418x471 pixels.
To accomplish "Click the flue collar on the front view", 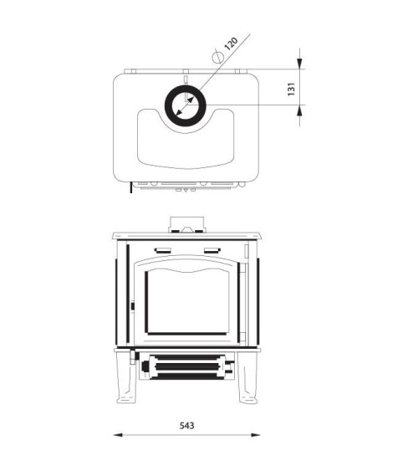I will (x=186, y=223).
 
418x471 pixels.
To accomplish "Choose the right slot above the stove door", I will (x=210, y=250).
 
